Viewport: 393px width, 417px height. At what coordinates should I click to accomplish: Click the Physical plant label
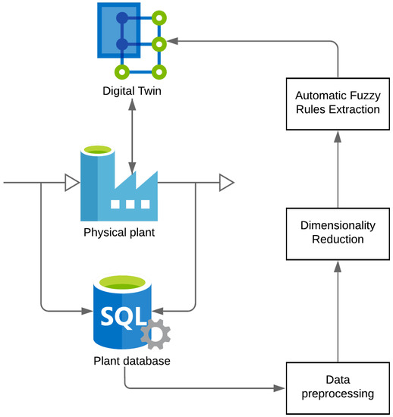click(119, 232)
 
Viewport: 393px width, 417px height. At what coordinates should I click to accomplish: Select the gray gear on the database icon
click(155, 334)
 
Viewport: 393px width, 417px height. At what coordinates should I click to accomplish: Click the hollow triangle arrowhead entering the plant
click(71, 183)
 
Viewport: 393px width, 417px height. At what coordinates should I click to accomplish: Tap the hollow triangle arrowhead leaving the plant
click(226, 183)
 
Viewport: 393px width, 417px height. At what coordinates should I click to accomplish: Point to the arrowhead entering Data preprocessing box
click(280, 389)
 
